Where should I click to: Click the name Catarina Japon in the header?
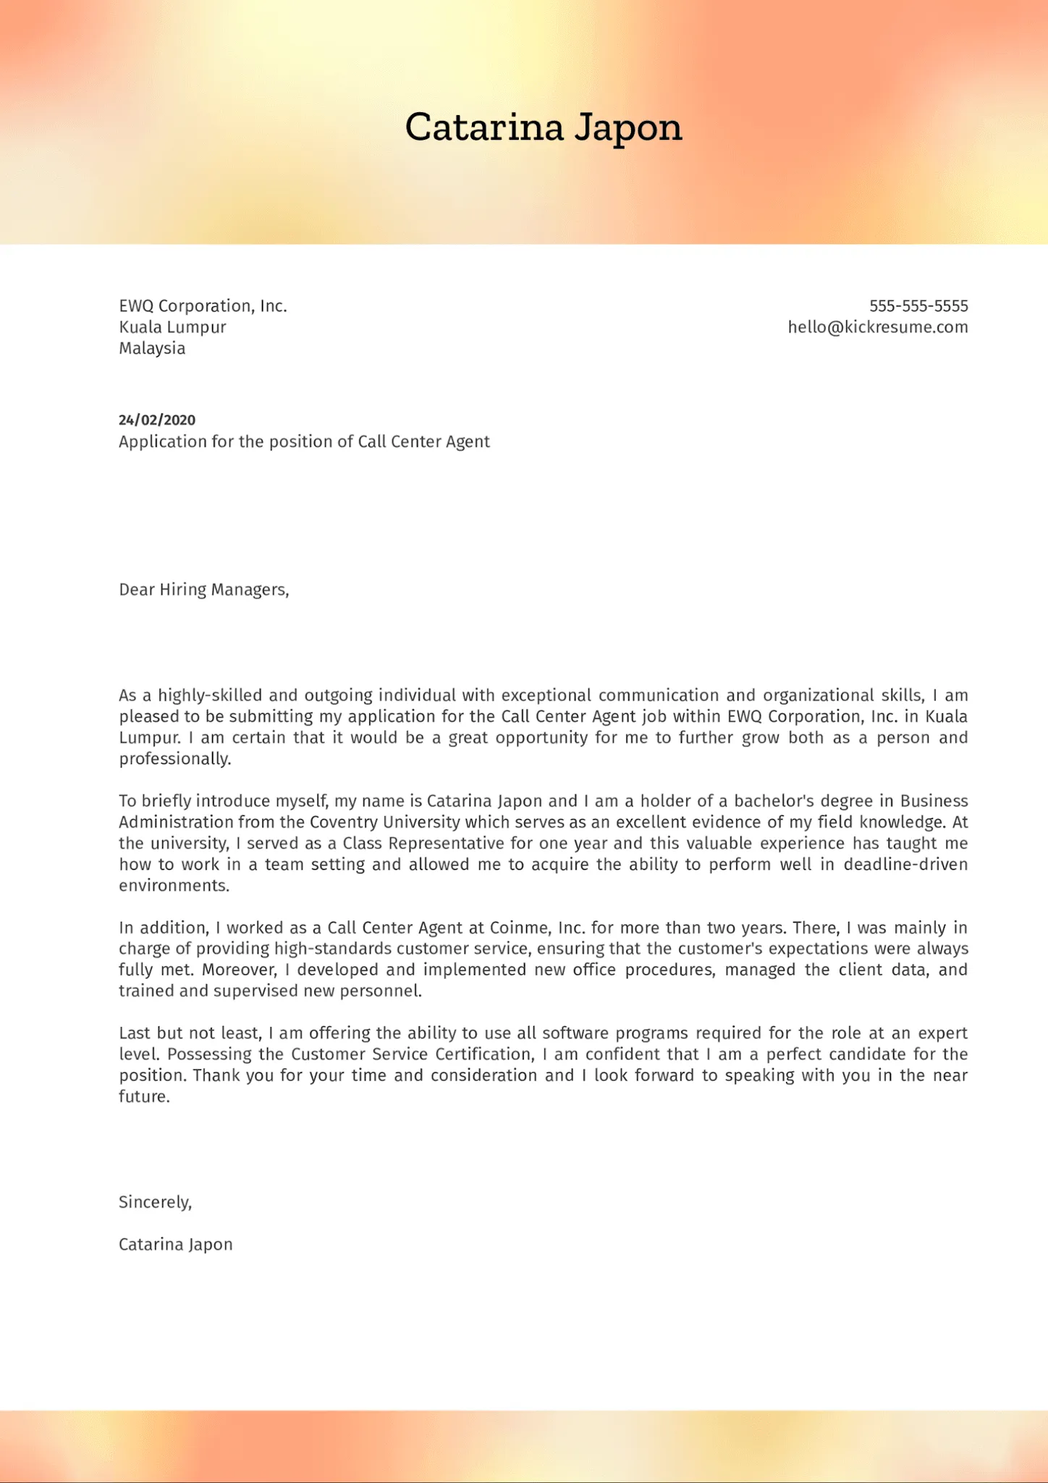544,127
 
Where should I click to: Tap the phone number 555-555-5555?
918,306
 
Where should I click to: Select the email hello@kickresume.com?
877,327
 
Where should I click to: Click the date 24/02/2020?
157,420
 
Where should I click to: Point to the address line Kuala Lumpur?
172,327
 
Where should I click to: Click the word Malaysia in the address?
152,348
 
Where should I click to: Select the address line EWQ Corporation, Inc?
203,306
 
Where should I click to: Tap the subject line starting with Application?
304,442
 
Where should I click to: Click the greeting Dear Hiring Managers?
203,590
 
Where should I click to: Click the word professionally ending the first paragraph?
174,759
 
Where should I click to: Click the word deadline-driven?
905,865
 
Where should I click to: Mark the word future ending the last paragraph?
143,1097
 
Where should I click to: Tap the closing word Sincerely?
154,1203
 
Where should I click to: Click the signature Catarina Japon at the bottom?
175,1245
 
